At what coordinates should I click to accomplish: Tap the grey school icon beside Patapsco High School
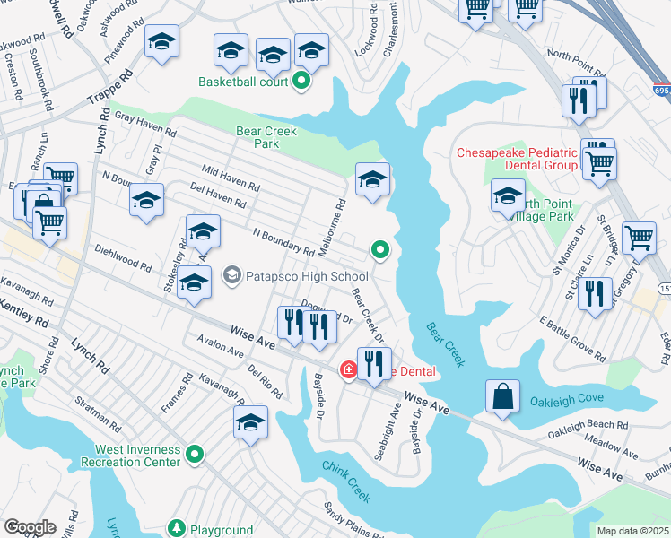coord(232,276)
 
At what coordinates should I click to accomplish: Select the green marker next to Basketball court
coord(301,82)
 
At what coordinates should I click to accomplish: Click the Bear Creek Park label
coord(266,137)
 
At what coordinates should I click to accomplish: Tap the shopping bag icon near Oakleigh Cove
coord(503,396)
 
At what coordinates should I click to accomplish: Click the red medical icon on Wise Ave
coord(346,369)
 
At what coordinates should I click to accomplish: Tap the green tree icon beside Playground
coord(177,530)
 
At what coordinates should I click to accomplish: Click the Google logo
coord(30,527)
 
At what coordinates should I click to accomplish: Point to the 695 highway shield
coord(662,91)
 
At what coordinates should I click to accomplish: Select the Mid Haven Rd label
coord(231,177)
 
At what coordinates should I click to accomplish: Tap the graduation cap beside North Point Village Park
coord(507,195)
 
